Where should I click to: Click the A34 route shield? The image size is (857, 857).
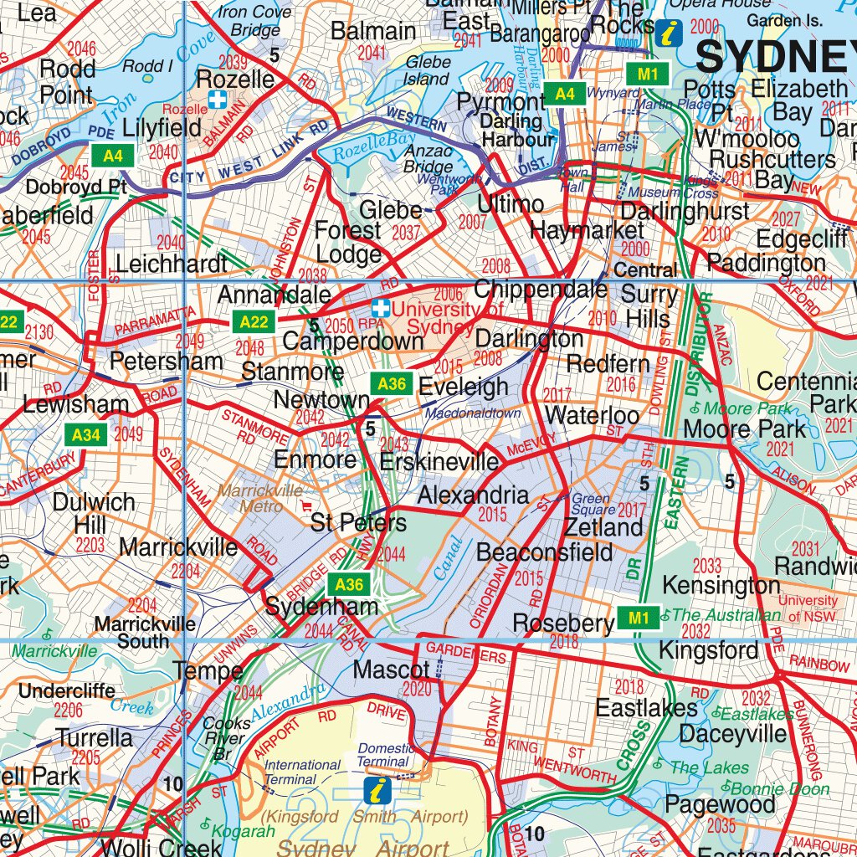point(86,434)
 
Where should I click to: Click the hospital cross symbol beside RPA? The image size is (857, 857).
point(381,309)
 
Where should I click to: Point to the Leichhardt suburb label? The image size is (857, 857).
point(172,264)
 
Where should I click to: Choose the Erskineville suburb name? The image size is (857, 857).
point(439,462)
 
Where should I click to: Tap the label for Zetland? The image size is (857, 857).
point(603,527)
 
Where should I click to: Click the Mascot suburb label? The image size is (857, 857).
point(391,670)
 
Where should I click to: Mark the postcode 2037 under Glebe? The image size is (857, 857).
point(407,232)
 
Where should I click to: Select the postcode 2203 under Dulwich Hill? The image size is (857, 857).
point(90,546)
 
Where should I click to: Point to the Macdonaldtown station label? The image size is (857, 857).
point(472,413)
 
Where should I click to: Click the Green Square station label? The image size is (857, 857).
point(592,505)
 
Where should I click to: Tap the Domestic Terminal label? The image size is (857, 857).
point(385,755)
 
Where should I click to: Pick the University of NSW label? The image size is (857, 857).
point(808,608)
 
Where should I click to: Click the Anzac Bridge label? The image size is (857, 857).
point(428,159)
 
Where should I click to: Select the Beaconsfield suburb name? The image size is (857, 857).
point(544,552)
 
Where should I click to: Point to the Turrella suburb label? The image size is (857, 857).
point(95,737)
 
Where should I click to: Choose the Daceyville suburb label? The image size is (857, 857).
point(733,734)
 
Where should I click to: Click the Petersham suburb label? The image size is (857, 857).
point(167,362)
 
